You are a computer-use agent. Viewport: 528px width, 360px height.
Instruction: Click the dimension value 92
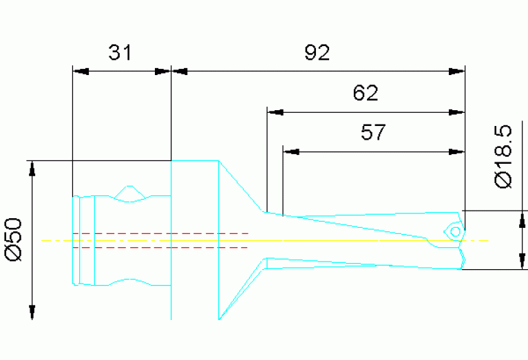tap(317, 52)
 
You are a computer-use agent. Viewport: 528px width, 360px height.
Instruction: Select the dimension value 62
tap(365, 93)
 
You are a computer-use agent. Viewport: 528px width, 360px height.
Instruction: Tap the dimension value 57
tap(373, 131)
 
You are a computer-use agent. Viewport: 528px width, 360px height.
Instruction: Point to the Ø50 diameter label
tap(14, 240)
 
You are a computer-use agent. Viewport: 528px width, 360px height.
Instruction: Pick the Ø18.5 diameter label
tap(503, 156)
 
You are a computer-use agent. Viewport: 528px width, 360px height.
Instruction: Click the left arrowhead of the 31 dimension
tap(80, 71)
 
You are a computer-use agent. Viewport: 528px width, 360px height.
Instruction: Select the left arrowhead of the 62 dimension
tap(275, 111)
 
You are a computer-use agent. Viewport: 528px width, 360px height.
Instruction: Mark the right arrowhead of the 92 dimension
tap(457, 71)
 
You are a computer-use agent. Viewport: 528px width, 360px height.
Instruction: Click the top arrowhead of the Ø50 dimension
tap(31, 169)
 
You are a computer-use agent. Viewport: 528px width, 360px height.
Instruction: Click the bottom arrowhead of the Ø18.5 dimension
tap(521, 262)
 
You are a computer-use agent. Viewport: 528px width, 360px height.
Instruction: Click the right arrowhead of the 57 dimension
tap(457, 150)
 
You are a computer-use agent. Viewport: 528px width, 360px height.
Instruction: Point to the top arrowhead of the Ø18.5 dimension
tap(521, 219)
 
